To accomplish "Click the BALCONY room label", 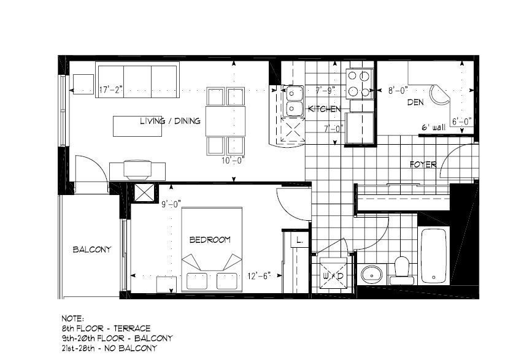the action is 92,250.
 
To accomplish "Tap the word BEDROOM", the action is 210,239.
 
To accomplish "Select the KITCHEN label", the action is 324,109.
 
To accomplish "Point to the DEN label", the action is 415,102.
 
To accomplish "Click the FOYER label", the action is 423,164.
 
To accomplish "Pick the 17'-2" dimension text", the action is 111,90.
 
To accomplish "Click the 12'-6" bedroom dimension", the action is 259,276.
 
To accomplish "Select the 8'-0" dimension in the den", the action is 398,90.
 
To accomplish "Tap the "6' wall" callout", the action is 434,127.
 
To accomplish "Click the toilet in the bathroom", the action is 402,270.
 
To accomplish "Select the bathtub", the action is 433,256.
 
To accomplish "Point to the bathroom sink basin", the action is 372,274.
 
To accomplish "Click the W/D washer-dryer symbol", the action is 333,274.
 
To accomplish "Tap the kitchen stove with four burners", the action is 359,84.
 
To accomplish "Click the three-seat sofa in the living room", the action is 137,80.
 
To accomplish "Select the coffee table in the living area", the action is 137,126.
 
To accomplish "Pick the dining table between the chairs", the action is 225,121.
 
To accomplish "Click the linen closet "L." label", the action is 299,240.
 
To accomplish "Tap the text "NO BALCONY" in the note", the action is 130,348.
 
